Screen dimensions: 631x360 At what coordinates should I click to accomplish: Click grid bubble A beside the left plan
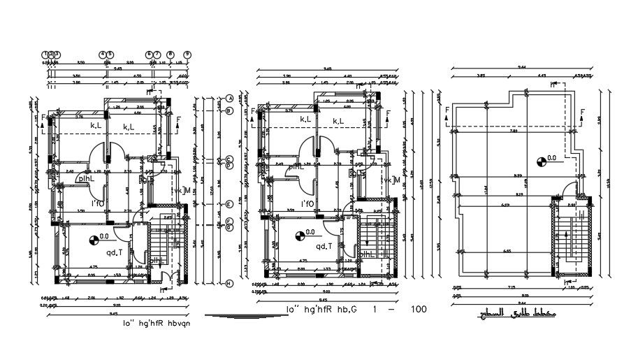(x=229, y=99)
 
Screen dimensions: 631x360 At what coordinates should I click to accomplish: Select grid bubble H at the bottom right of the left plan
(x=229, y=283)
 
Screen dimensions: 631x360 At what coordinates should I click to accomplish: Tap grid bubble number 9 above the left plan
(x=187, y=54)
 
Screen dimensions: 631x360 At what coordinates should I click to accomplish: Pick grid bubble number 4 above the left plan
(x=102, y=54)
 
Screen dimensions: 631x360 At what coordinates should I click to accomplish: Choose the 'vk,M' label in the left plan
(x=181, y=189)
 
